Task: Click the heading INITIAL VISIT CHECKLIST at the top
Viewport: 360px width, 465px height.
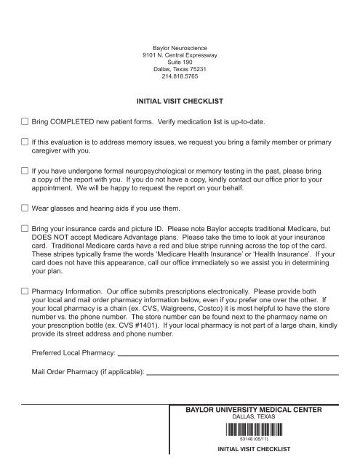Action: click(180, 101)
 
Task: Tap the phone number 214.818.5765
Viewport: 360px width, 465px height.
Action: click(180, 78)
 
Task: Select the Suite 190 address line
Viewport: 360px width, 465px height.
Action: click(180, 62)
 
